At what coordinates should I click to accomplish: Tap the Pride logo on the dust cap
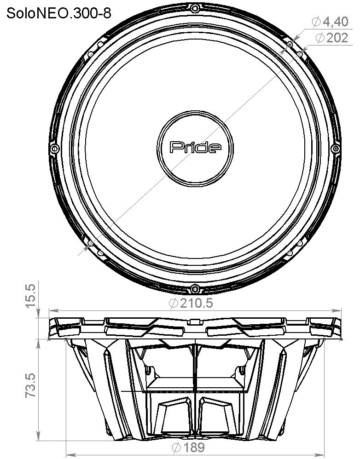pos(196,147)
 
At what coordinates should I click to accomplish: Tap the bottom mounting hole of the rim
pos(195,288)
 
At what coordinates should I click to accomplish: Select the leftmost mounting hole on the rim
pos(55,148)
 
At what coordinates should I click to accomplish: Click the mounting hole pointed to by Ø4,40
pos(290,44)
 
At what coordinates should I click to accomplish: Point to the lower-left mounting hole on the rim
pos(90,242)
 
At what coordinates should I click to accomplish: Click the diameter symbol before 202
pos(319,39)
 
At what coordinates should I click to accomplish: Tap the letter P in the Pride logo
pos(175,148)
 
